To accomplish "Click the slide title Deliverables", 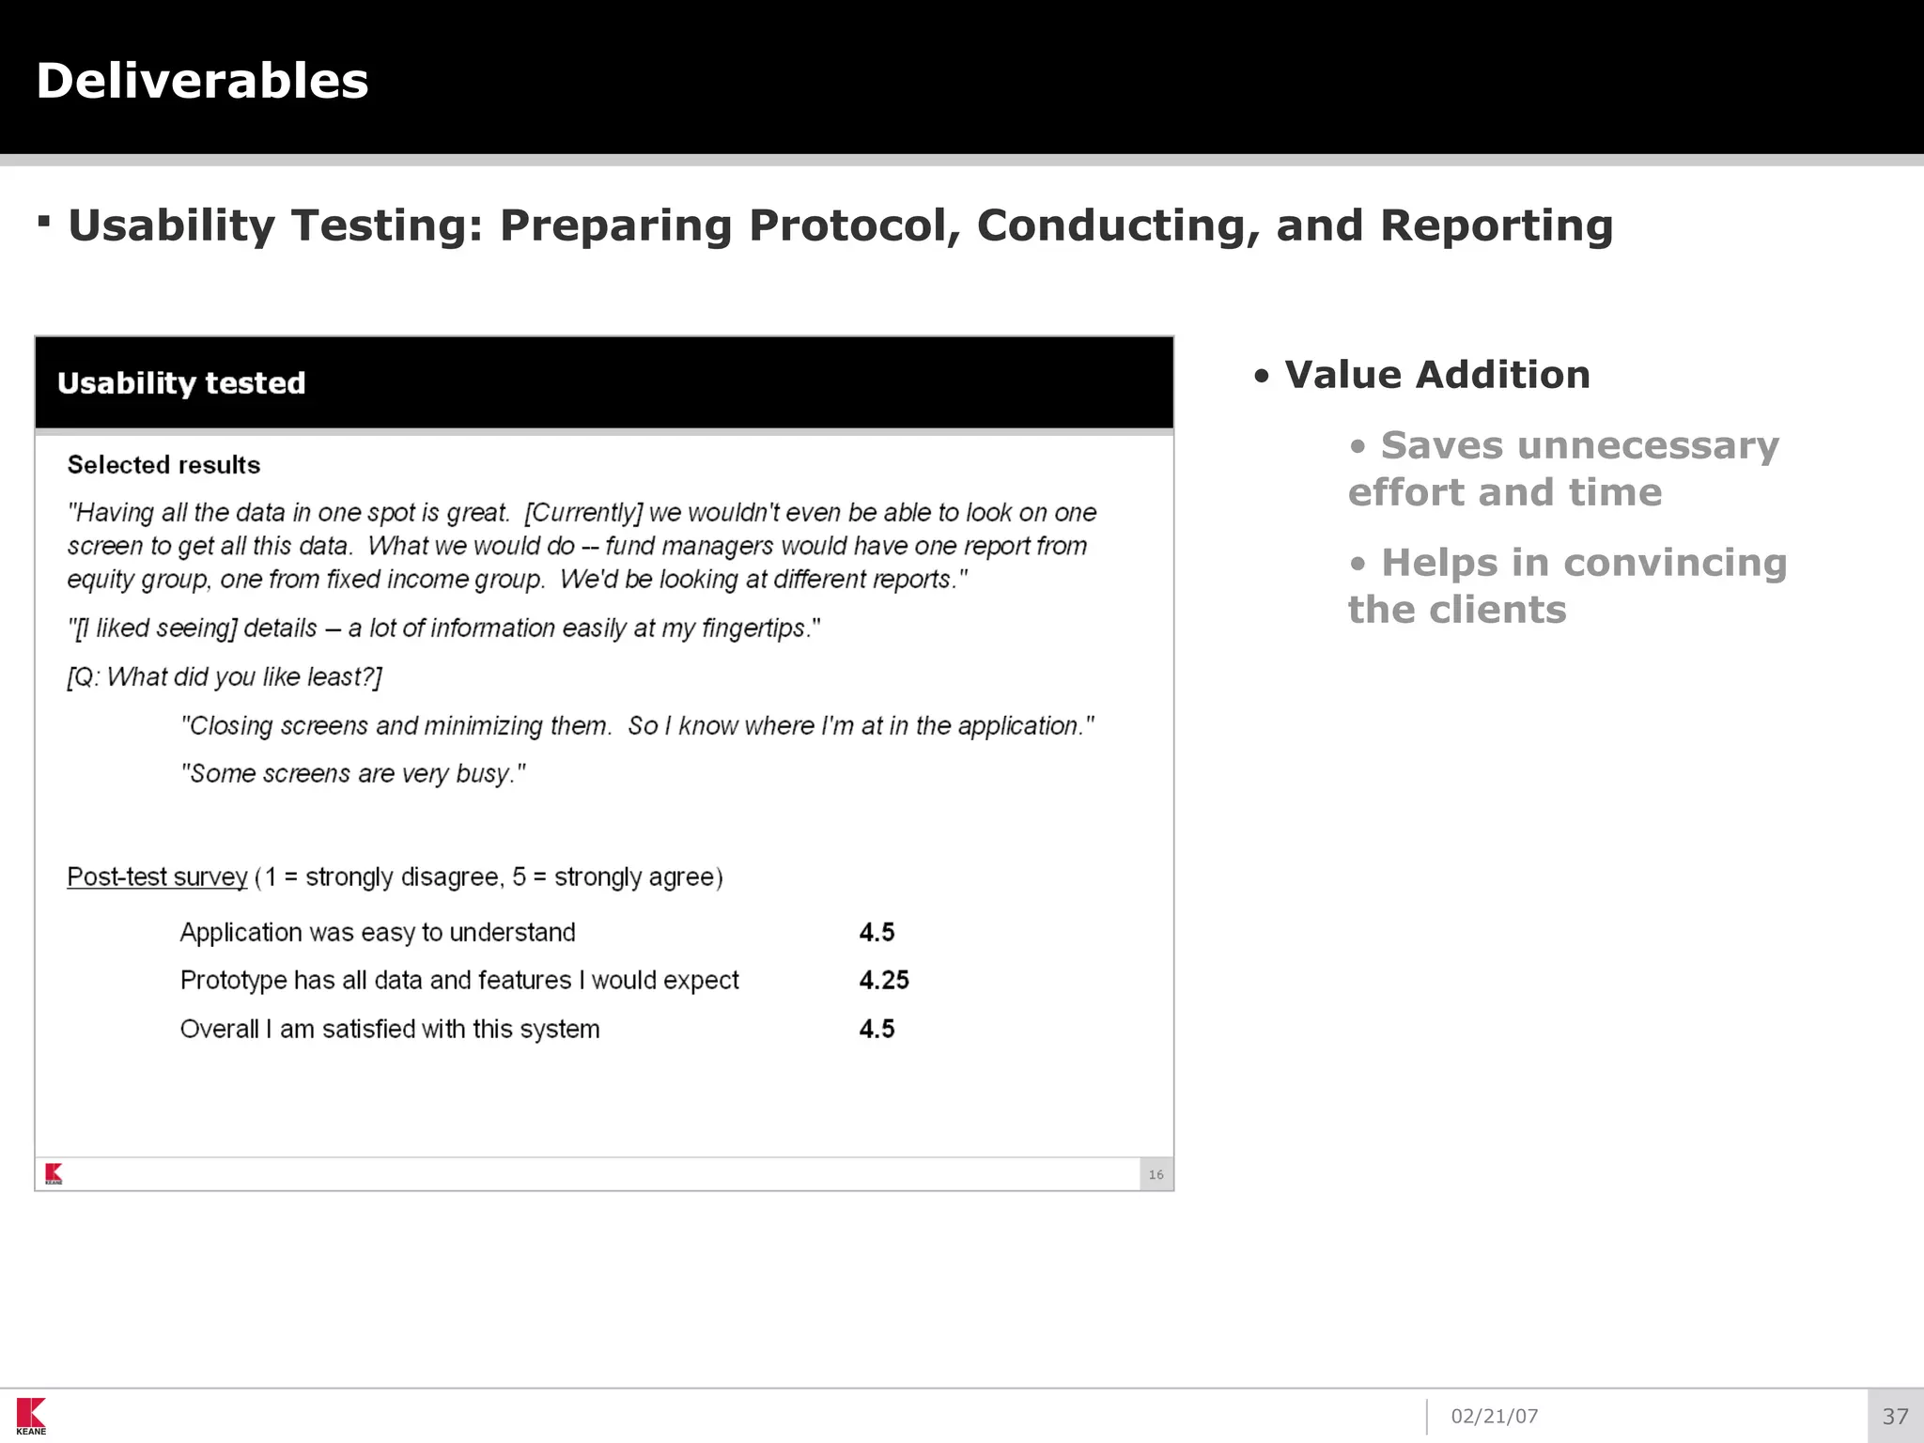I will [x=202, y=81].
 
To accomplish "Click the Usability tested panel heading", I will [x=181, y=383].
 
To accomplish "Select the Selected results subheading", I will [x=163, y=465].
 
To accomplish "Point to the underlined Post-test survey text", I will [x=157, y=877].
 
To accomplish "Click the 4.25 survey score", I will [x=883, y=981].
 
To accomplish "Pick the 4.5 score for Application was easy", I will [x=877, y=933].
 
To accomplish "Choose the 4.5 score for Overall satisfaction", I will [x=877, y=1030].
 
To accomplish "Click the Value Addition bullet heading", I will [x=1436, y=375].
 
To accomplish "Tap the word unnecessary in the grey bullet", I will [x=1648, y=445].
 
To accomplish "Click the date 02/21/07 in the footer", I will [x=1494, y=1417].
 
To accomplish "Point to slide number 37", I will [x=1895, y=1417].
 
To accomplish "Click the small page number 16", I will [x=1156, y=1175].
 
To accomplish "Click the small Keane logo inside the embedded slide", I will [x=54, y=1173].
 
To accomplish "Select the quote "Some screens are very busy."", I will [x=352, y=774].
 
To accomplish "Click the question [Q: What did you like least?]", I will [x=225, y=677].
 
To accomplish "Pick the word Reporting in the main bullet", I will [x=1496, y=225].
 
